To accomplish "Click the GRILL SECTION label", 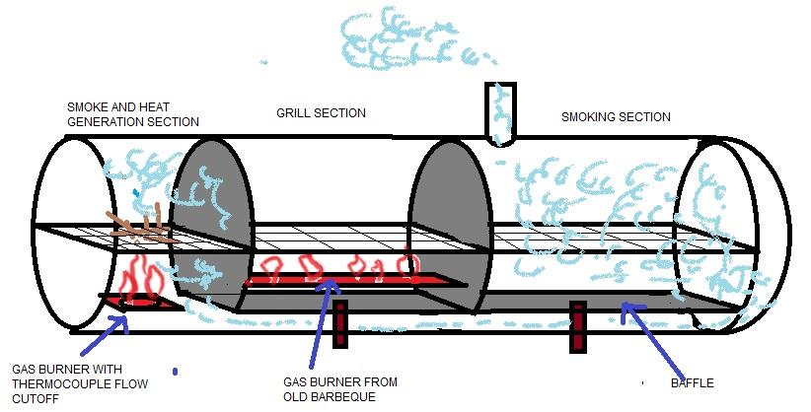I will [x=321, y=113].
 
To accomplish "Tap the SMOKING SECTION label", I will [x=616, y=116].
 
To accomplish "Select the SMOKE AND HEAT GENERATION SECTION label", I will [x=132, y=114].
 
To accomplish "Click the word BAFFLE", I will [x=692, y=382].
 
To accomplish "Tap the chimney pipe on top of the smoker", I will [x=500, y=113].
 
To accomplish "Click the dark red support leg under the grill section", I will [x=340, y=324].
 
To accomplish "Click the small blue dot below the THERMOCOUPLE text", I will [x=175, y=372].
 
